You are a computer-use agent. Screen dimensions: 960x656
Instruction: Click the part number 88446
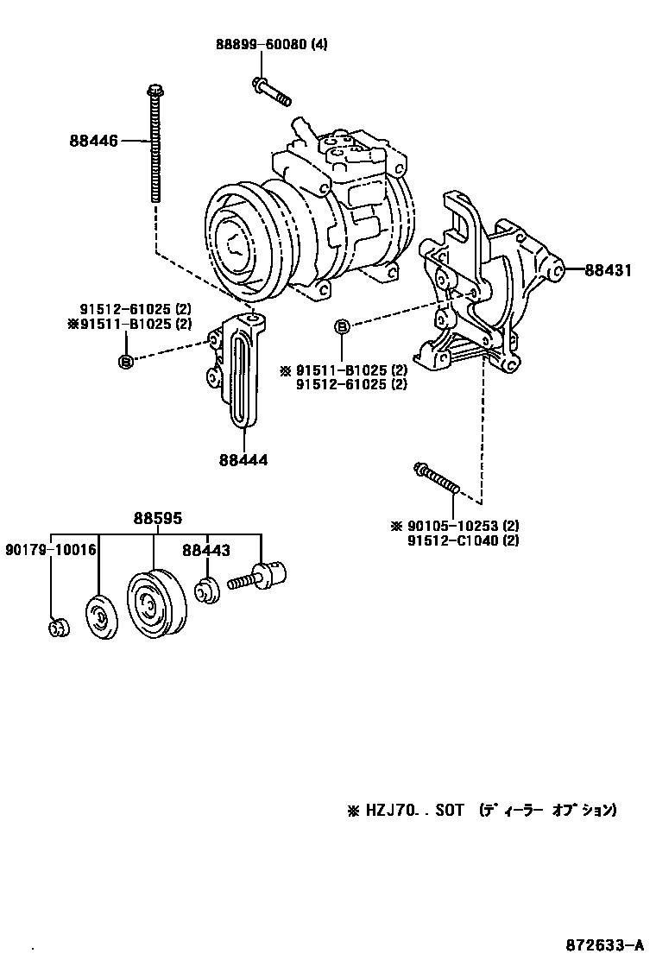(x=93, y=140)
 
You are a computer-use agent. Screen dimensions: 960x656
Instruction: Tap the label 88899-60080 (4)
(x=273, y=45)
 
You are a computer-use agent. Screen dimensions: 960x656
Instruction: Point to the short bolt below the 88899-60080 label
(x=270, y=89)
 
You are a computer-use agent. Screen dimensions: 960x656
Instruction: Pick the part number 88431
(x=608, y=270)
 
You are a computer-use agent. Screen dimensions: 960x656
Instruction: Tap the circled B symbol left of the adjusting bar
(x=125, y=362)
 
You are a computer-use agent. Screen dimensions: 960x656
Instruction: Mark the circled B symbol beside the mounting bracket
(x=343, y=326)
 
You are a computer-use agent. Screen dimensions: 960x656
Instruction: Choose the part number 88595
(x=157, y=519)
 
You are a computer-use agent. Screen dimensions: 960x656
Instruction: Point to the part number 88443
(x=205, y=549)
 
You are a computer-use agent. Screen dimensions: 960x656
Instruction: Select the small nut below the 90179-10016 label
(x=58, y=628)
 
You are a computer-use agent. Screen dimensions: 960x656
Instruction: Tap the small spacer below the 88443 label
(x=205, y=593)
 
